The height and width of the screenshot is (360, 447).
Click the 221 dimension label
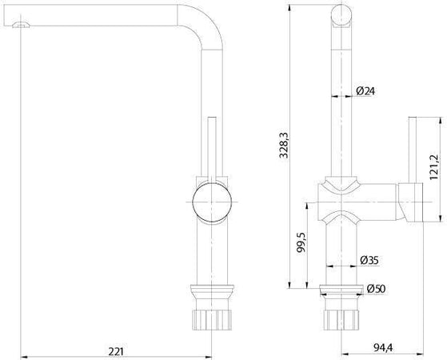click(116, 351)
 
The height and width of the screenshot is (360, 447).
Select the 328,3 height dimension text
click(284, 145)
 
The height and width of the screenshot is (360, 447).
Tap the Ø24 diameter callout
click(365, 91)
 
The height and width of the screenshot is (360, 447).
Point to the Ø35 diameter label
click(369, 260)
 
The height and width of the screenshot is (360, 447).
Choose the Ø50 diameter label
click(376, 289)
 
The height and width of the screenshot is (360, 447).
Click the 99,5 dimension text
click(301, 242)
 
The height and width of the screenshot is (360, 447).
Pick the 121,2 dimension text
click(434, 167)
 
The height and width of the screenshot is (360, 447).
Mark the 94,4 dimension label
click(383, 348)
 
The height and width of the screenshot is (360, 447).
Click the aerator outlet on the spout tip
click(21, 25)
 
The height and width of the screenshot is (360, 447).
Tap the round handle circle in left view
click(212, 202)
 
